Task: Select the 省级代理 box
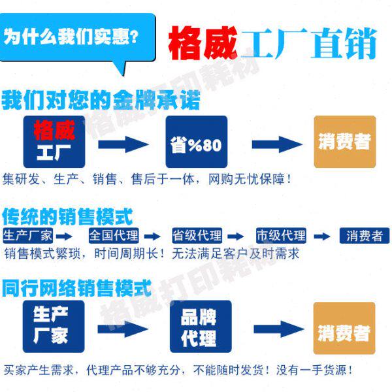pyautogui.click(x=197, y=236)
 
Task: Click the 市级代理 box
pyautogui.click(x=281, y=236)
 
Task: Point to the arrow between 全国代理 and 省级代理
pyautogui.click(x=152, y=237)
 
